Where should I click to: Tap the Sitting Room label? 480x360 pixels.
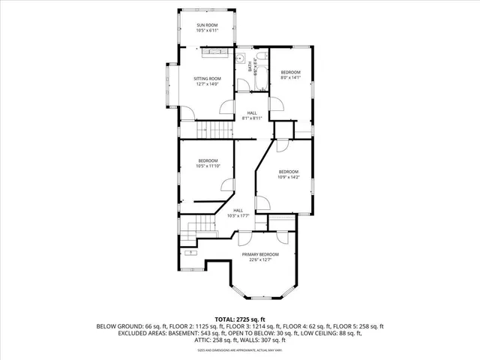tap(207, 79)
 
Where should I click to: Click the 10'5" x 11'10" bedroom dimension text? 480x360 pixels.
tap(208, 166)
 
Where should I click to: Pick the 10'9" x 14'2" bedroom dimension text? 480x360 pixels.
tap(289, 177)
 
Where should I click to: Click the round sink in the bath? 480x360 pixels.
tap(241, 58)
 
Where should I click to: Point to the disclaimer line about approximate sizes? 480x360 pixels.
tap(239, 350)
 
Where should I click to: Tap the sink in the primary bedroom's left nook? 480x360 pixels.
tap(192, 253)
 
